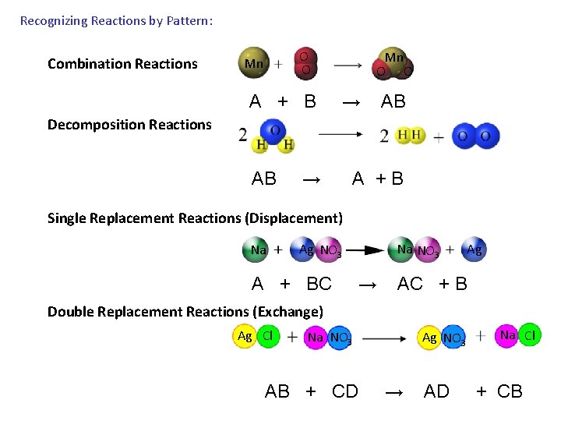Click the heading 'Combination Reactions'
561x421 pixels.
[122, 64]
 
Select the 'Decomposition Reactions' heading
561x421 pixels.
[129, 125]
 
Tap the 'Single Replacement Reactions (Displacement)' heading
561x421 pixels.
[195, 218]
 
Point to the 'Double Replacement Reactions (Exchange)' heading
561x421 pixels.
[185, 312]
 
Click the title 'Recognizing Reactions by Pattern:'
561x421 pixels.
[116, 21]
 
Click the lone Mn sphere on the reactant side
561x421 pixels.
[253, 63]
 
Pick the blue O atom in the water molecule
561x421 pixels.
[273, 130]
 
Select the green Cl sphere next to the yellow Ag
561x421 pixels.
[268, 336]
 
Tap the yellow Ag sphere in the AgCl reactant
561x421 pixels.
[245, 336]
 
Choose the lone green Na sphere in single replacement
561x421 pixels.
[258, 249]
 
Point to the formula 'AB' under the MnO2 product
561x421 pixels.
[393, 101]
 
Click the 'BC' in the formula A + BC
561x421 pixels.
[319, 284]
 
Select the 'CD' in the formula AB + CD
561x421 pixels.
[344, 391]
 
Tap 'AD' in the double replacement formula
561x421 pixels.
[436, 391]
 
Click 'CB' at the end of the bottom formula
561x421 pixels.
[510, 391]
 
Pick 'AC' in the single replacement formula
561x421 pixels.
[410, 284]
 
